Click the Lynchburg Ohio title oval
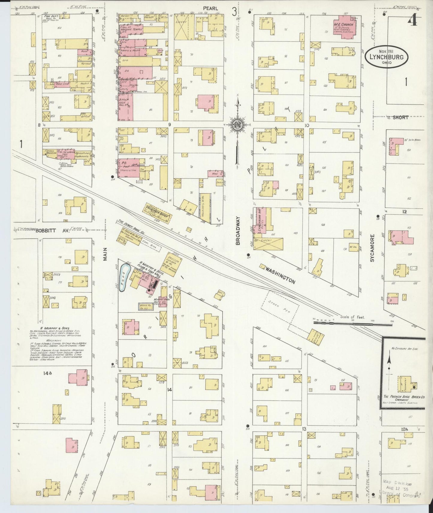click(384, 57)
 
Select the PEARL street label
click(210, 8)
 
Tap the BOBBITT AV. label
click(52, 231)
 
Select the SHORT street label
click(400, 118)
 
